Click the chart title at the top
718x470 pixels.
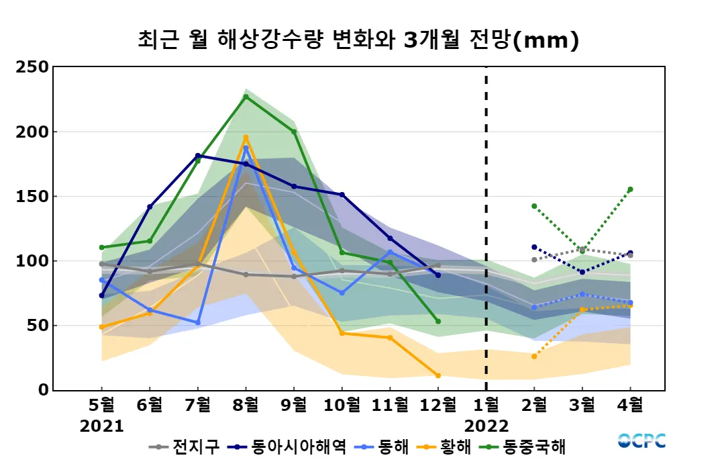tap(358, 40)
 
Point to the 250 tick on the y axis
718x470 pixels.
tap(33, 67)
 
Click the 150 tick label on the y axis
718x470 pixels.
tap(33, 197)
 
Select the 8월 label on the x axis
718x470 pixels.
tap(246, 405)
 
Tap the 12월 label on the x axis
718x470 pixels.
tap(438, 405)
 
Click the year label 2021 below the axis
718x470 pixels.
tap(102, 426)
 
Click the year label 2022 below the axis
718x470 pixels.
tap(486, 426)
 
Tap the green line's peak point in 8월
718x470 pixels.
tap(246, 97)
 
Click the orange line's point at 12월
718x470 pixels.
tap(438, 375)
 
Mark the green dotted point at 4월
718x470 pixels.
tap(630, 189)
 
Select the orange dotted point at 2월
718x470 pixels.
tap(534, 357)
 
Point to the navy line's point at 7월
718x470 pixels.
tap(198, 156)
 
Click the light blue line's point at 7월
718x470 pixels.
tap(198, 323)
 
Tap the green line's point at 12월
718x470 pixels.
tap(438, 322)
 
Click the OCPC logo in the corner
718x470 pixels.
tap(642, 441)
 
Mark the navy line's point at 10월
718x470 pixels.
tap(342, 195)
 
